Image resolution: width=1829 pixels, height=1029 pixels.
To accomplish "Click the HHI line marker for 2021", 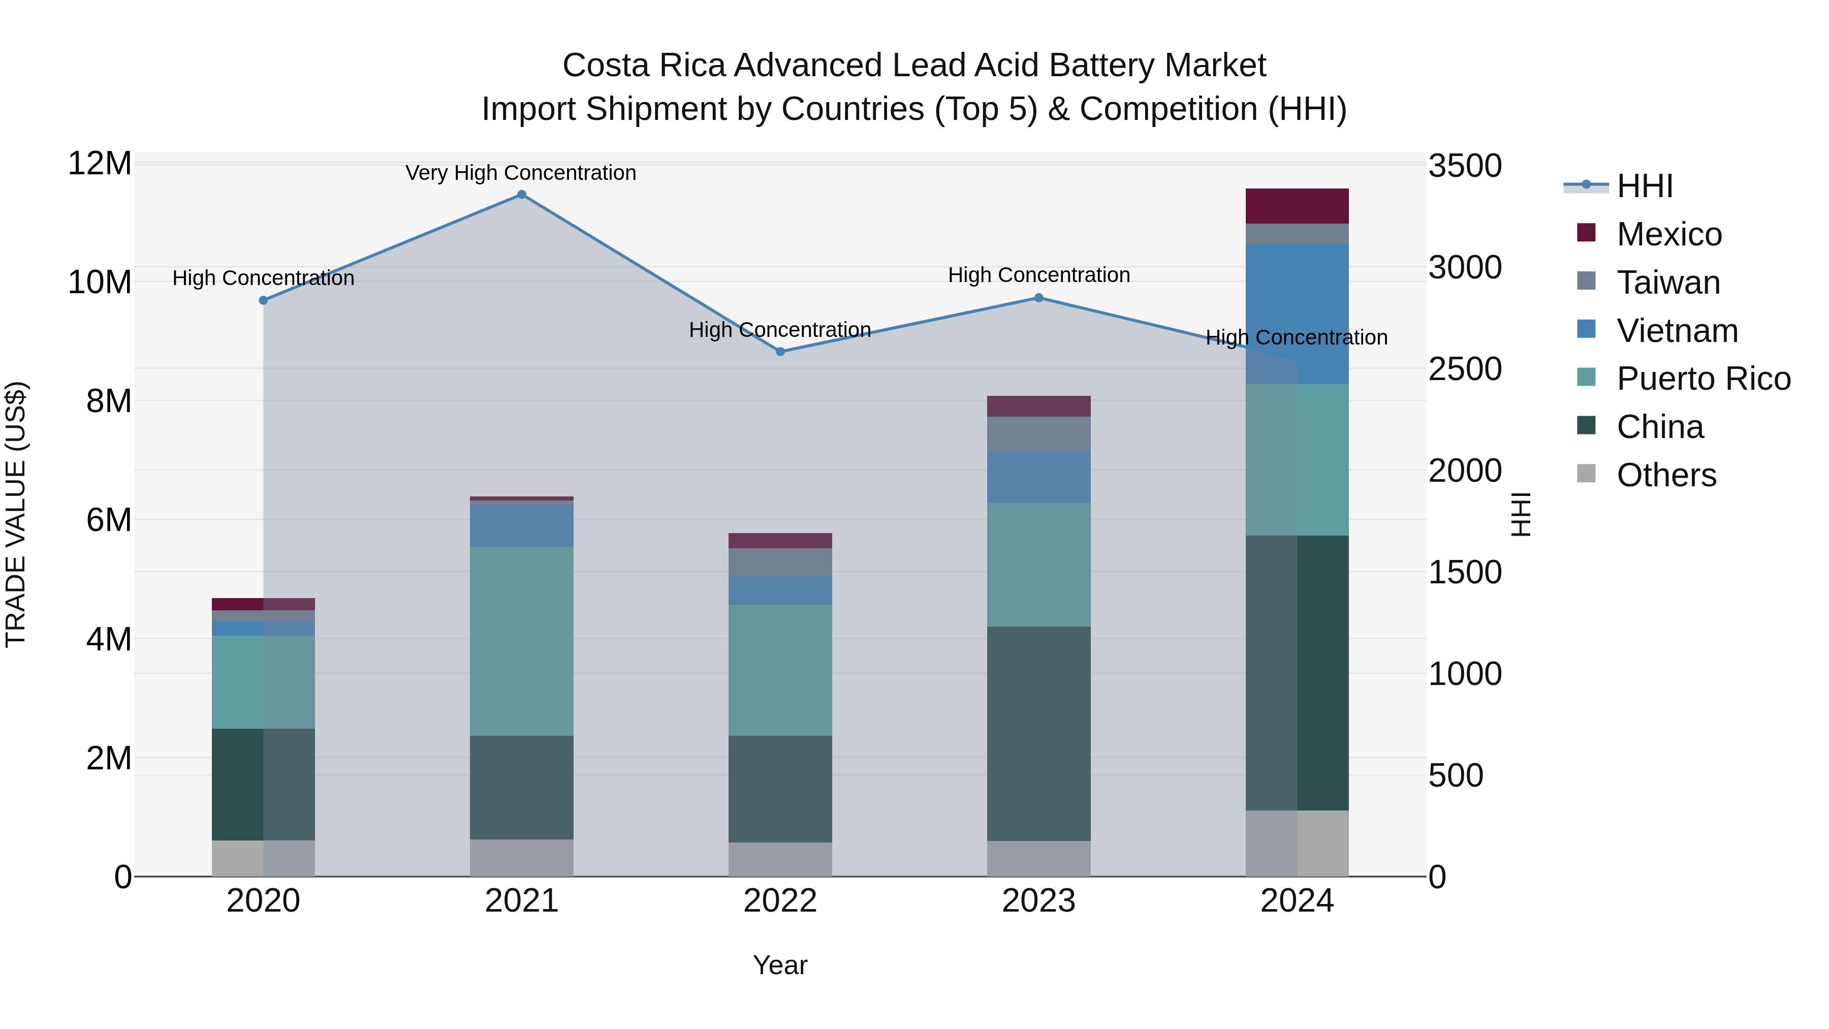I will [521, 195].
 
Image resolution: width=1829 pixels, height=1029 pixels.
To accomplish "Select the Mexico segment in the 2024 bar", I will [1297, 206].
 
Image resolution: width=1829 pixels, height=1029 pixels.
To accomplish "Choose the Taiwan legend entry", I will [1668, 283].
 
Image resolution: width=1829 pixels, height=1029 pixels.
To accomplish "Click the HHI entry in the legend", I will [1645, 186].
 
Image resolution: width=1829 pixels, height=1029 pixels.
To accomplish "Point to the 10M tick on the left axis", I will [100, 282].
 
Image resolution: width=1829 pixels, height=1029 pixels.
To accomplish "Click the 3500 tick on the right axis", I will [1464, 166].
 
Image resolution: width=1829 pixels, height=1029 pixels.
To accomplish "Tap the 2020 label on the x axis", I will [263, 901].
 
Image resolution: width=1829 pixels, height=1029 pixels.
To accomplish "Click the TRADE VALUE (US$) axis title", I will [16, 514].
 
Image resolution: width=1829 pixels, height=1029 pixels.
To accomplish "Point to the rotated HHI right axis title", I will [1521, 514].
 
